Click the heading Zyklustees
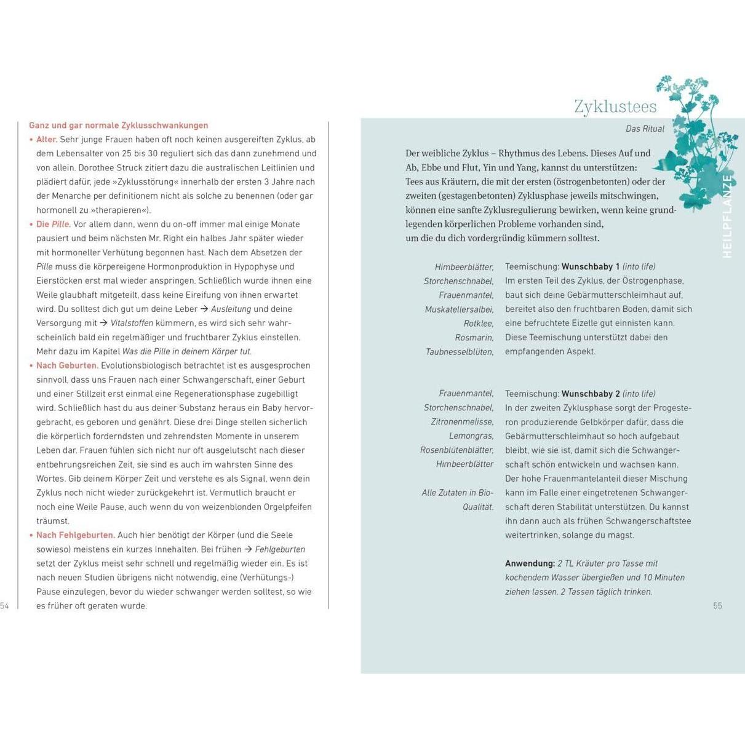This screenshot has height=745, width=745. (615, 106)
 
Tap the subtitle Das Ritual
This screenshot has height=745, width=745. (645, 129)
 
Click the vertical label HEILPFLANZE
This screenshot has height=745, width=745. (727, 216)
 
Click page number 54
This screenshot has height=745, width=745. (5, 606)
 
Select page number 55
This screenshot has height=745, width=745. (717, 606)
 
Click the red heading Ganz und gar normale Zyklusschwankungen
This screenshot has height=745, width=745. (119, 125)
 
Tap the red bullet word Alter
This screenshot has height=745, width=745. (47, 140)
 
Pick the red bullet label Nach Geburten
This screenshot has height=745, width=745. (66, 365)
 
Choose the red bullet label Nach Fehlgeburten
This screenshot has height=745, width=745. (75, 535)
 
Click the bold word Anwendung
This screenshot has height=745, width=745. (530, 564)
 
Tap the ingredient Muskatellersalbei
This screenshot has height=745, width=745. (459, 309)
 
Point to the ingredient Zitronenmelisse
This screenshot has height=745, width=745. (462, 422)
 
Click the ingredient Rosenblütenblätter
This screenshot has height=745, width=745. (456, 450)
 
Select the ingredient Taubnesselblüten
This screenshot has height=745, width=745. (460, 352)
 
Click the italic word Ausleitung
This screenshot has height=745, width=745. (231, 309)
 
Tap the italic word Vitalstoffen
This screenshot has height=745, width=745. (132, 324)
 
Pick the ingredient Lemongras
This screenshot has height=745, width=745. (471, 436)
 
